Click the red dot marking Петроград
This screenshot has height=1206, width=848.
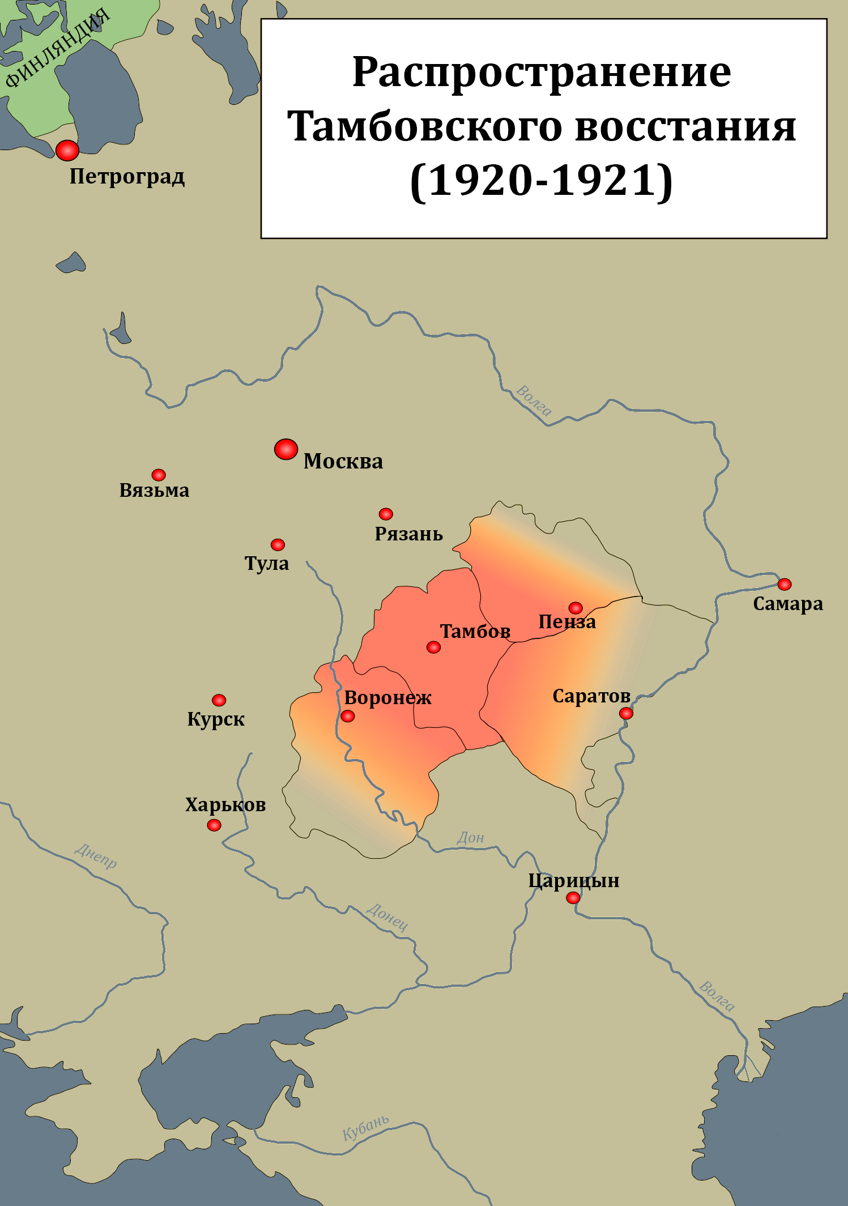click(x=67, y=151)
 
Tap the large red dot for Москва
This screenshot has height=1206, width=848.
click(x=286, y=449)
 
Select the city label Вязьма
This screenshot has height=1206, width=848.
click(x=154, y=491)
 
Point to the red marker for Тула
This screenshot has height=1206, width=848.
click(x=278, y=544)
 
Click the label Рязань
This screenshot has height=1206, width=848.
click(x=408, y=534)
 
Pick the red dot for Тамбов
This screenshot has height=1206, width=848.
click(x=433, y=647)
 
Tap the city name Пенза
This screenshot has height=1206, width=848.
click(x=567, y=622)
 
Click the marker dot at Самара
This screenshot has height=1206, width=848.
click(x=784, y=584)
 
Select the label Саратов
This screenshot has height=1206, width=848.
click(x=591, y=696)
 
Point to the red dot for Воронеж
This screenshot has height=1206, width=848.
click(x=348, y=717)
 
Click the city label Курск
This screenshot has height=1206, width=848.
click(x=216, y=719)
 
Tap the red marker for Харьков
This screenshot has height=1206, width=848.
click(x=214, y=825)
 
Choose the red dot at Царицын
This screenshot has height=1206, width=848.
click(x=573, y=898)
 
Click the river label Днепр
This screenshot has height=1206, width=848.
click(x=96, y=856)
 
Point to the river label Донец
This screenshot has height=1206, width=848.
click(x=387, y=917)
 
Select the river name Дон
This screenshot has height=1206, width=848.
click(x=471, y=838)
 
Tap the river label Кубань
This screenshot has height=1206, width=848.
click(x=366, y=1128)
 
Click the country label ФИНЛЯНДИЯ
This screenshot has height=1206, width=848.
click(x=57, y=49)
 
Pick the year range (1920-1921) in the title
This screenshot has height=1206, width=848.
click(x=542, y=181)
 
